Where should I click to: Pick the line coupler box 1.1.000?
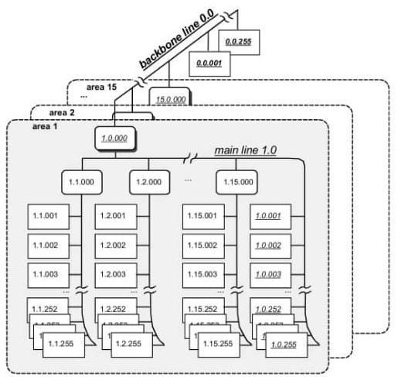pos(82,183)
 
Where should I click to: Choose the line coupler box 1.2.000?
pos(149,183)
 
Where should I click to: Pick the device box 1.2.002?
pos(116,245)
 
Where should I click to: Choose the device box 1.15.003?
pos(205,275)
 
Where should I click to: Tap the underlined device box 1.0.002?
pos(271,245)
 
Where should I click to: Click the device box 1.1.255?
pos(65,343)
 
